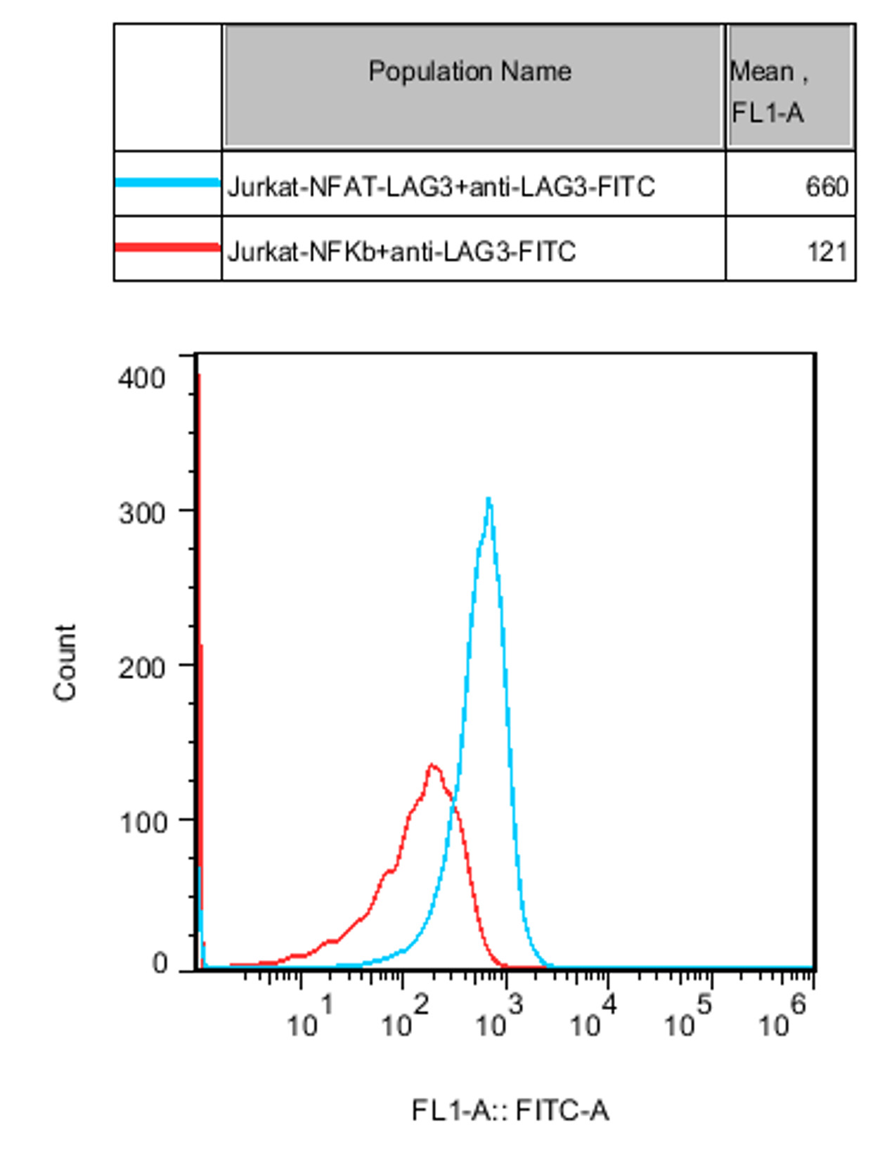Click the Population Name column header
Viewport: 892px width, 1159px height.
coord(470,72)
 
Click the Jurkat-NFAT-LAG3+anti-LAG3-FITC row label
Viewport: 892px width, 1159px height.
coord(441,187)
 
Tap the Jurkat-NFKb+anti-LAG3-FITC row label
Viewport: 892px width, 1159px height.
coord(401,252)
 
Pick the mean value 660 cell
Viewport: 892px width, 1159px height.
coord(827,187)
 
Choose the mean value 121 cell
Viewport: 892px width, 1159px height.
coord(827,252)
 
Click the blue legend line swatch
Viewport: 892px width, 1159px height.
coord(167,183)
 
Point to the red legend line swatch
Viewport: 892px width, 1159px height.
coord(167,247)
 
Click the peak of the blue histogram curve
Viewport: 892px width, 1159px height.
coord(489,500)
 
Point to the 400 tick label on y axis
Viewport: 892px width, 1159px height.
coord(141,378)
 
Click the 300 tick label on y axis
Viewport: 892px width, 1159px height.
coord(141,513)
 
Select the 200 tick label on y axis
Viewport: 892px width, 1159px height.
coord(141,668)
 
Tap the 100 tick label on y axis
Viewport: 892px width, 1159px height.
coord(143,822)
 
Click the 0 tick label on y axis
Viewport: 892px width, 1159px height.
coord(160,964)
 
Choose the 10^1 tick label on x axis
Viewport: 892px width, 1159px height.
coord(309,1018)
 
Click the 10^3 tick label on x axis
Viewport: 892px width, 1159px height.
coord(498,1018)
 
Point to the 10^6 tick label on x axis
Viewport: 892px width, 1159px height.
coord(782,1018)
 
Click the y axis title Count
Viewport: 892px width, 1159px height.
coord(65,662)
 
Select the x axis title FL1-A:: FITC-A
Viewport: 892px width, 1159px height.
coord(510,1111)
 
